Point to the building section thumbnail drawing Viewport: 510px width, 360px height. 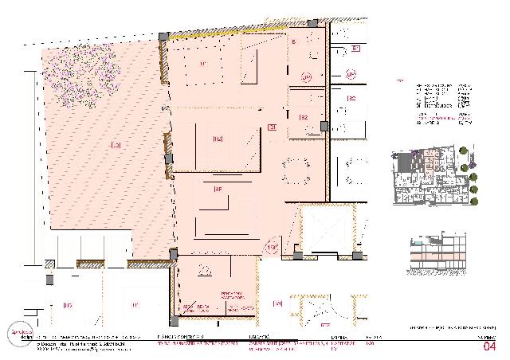[437, 252]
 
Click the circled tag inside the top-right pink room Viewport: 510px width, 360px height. [305, 77]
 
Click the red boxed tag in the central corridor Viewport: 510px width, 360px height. [272, 127]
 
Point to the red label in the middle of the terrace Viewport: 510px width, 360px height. [116, 146]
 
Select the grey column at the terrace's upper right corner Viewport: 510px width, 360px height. [163, 37]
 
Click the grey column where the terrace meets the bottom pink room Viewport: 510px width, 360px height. [173, 255]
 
